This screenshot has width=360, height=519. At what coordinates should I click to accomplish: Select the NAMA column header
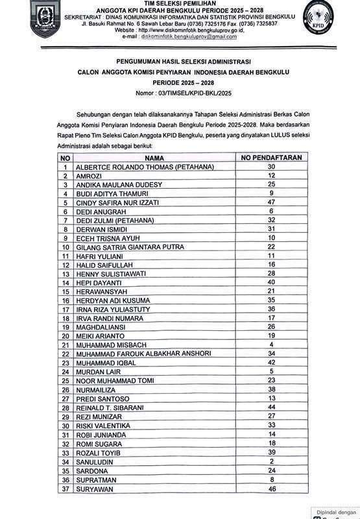[x=154, y=158]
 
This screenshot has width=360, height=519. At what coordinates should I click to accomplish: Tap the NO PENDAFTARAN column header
[x=271, y=158]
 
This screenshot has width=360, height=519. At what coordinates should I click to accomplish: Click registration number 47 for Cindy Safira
[x=271, y=202]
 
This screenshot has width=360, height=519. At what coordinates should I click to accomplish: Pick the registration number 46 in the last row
[x=271, y=488]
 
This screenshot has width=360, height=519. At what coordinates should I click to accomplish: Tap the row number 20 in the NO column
[x=65, y=336]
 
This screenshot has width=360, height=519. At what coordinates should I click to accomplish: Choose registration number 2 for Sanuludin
[x=271, y=461]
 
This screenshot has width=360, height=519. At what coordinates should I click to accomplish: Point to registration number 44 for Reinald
[x=271, y=407]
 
